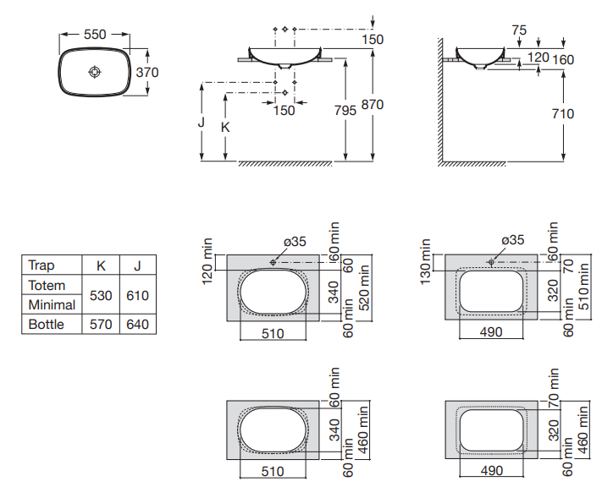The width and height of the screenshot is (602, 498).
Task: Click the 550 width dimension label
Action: (95, 35)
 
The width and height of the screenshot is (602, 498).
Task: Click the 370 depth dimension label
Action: (147, 72)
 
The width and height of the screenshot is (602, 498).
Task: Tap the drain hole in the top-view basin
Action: (94, 72)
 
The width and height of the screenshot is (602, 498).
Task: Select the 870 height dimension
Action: (373, 105)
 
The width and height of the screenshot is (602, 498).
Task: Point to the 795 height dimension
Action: (345, 111)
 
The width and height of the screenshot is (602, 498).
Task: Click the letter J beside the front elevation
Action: (202, 122)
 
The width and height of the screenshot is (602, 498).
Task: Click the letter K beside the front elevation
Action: (224, 127)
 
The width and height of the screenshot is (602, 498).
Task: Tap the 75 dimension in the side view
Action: (520, 30)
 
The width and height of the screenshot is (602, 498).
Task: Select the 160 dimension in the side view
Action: (563, 59)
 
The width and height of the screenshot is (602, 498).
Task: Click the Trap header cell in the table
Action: (41, 265)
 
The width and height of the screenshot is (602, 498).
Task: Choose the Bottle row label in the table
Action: (46, 324)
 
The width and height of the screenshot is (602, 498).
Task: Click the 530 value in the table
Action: (101, 295)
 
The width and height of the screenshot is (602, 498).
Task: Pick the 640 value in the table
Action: (137, 324)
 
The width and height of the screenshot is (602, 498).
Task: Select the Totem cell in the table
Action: (47, 286)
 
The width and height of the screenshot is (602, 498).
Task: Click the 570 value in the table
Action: (101, 324)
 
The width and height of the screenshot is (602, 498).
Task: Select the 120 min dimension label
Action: (207, 262)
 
